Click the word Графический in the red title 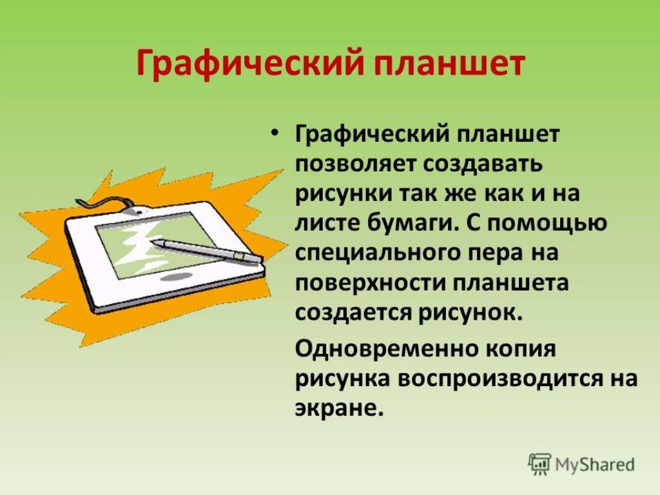pos(249,64)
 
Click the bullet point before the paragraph pos(275,133)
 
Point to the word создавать pos(482,164)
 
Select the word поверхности pos(370,283)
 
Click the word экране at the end pos(339,409)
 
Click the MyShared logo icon pos(539,465)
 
